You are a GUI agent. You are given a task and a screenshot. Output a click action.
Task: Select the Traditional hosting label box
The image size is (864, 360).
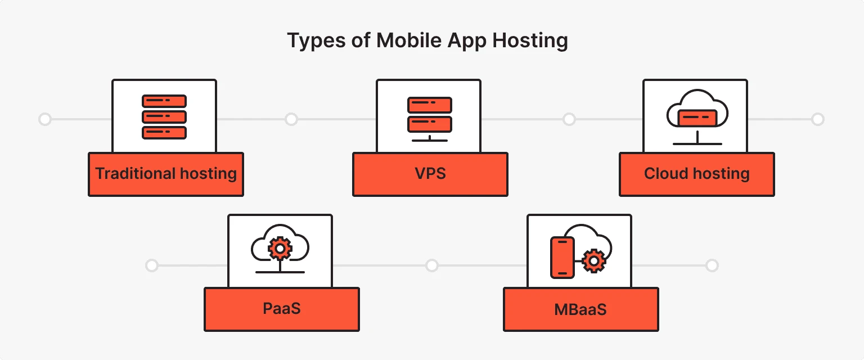166,174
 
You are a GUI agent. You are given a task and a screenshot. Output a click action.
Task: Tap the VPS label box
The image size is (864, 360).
430,174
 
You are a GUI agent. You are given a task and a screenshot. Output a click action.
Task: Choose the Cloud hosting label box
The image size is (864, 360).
697,174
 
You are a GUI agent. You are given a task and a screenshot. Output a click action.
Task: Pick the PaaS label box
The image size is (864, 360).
282,309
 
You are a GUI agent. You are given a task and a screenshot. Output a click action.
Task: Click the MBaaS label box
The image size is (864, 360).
580,309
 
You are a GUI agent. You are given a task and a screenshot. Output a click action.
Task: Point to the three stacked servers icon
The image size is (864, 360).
164,117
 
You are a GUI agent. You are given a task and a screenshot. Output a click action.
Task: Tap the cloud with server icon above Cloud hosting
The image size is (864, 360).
697,117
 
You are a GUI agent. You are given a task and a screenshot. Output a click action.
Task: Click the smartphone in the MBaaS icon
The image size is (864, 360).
562,258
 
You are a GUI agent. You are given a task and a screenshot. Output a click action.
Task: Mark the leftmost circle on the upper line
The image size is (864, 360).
45,119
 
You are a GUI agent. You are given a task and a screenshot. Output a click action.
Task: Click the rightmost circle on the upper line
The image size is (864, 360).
818,119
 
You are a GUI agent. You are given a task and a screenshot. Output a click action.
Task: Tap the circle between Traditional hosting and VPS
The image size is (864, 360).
291,119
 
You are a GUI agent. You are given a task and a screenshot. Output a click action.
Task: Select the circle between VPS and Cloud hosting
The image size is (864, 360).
569,119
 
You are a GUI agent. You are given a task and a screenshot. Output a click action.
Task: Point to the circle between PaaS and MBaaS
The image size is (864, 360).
431,265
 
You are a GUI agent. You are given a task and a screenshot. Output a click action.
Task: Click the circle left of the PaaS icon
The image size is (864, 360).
151,265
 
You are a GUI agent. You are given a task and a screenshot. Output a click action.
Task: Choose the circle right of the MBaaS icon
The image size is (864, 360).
712,265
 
